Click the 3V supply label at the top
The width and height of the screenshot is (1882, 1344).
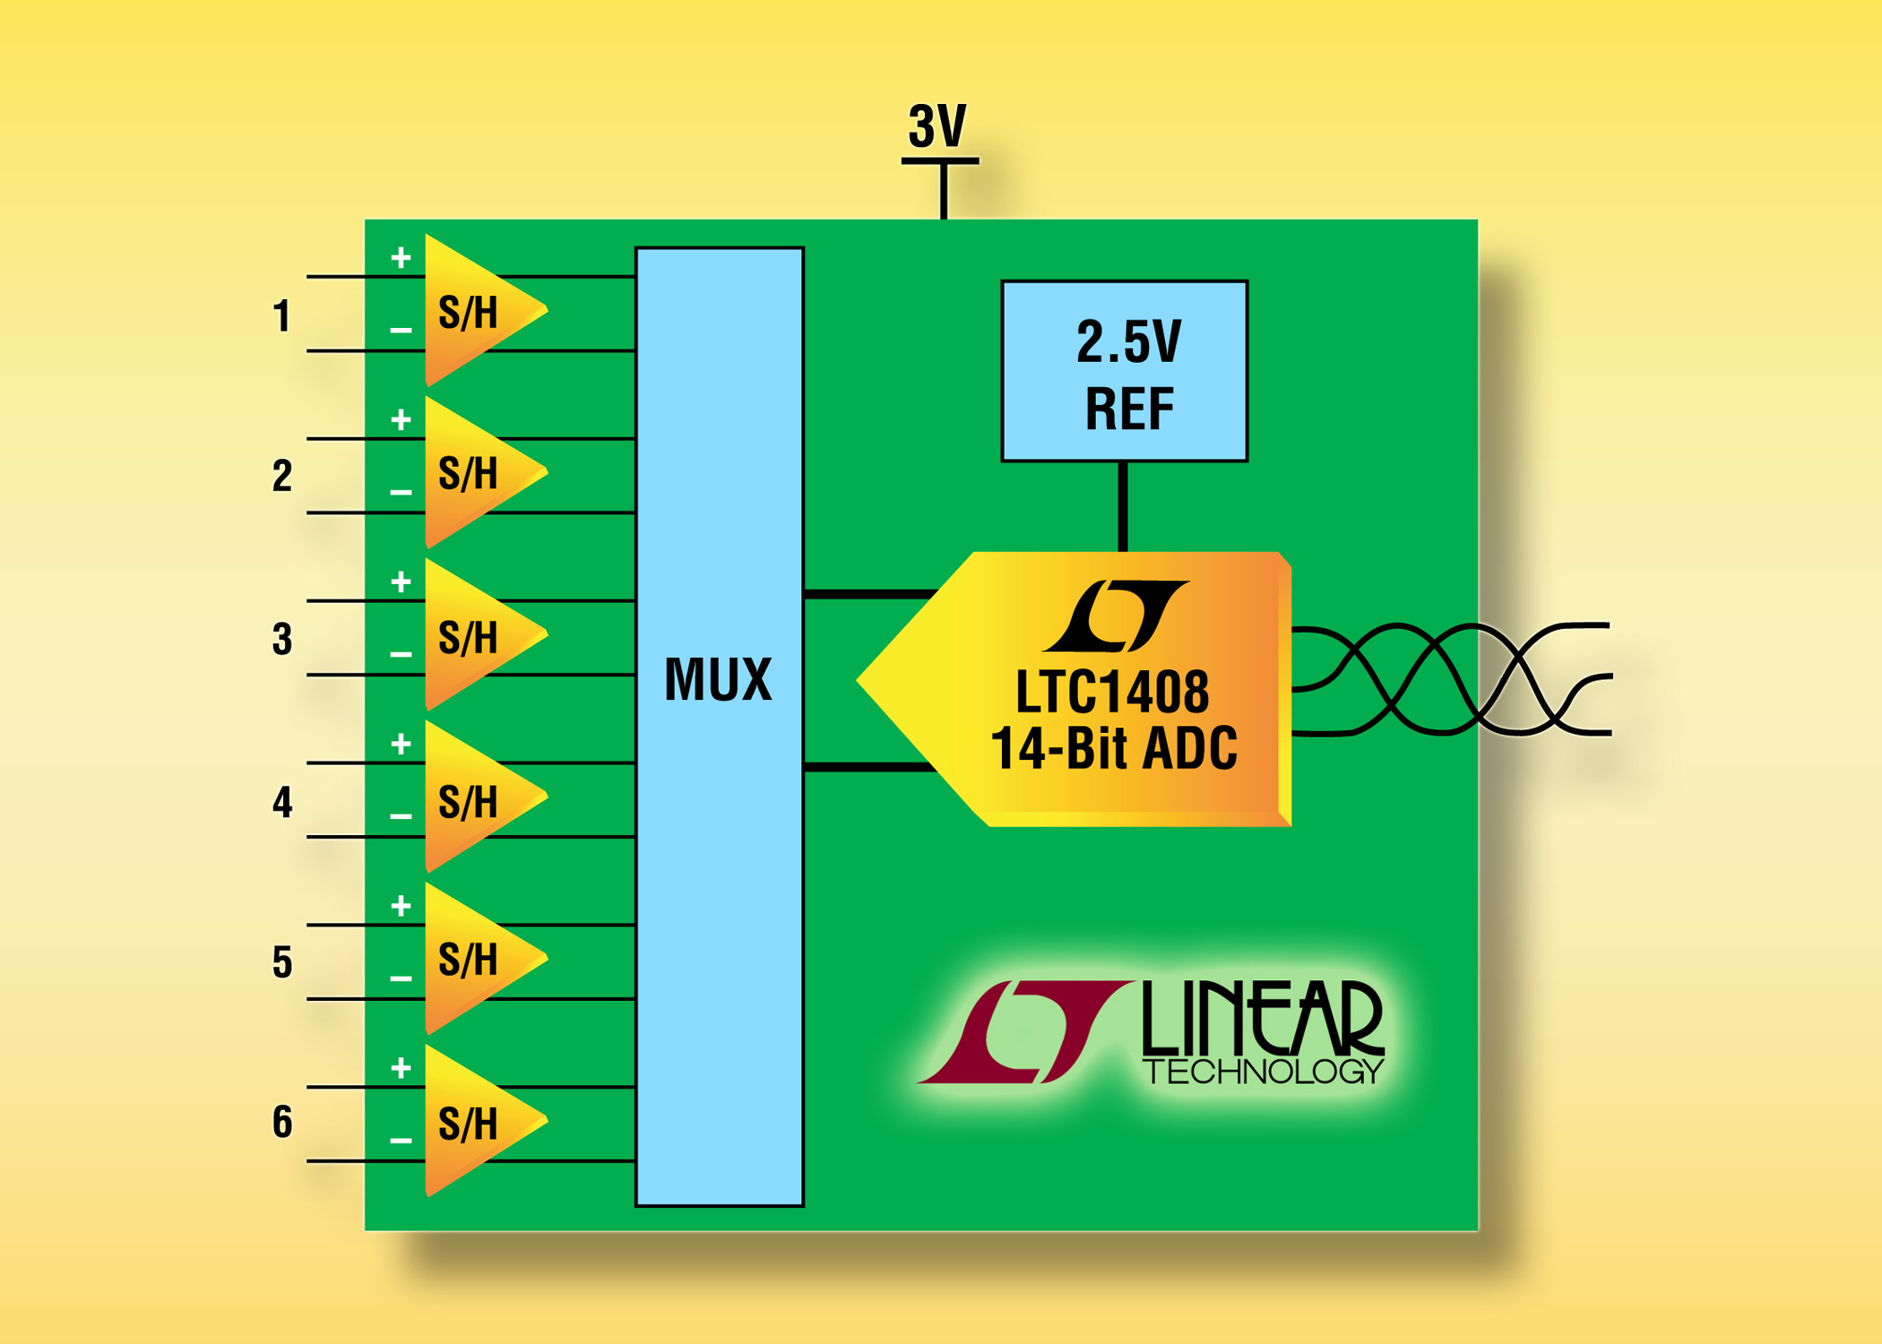[937, 126]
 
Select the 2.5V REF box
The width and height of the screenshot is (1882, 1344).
[1125, 372]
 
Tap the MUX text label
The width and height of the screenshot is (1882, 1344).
[718, 679]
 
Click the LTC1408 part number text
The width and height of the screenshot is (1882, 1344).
[1112, 692]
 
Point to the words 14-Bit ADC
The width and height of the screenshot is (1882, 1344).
[1114, 748]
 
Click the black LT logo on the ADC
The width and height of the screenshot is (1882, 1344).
[1117, 616]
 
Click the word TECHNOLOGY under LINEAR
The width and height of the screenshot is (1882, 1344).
[1264, 1072]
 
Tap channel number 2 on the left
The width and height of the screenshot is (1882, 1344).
[282, 476]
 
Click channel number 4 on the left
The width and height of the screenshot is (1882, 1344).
[282, 802]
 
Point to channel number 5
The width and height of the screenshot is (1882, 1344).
[282, 961]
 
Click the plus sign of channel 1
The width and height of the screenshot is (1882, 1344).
[401, 259]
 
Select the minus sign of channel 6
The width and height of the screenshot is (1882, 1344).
[401, 1141]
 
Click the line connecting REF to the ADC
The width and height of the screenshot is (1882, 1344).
[1123, 506]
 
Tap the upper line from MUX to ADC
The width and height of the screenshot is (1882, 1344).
[869, 594]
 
